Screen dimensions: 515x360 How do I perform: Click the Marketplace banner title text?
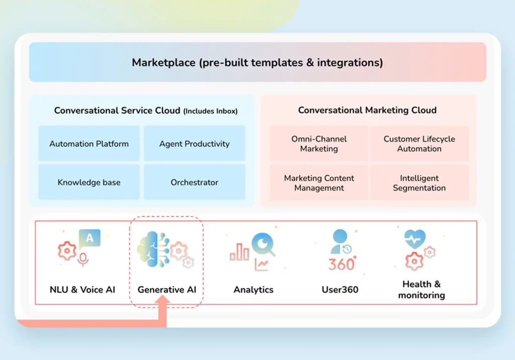(x=257, y=62)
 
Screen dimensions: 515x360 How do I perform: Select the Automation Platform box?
(x=89, y=143)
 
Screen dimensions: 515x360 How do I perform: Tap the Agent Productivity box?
(x=195, y=143)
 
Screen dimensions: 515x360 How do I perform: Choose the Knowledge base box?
(x=89, y=182)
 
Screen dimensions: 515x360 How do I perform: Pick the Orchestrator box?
(x=195, y=182)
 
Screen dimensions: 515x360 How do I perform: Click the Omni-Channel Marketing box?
(x=319, y=143)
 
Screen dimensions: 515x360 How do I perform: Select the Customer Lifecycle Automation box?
(x=419, y=143)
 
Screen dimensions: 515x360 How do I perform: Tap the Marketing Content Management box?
(x=319, y=183)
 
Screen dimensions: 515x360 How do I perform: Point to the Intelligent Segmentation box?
(x=419, y=183)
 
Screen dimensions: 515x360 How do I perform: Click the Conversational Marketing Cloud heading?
(x=367, y=110)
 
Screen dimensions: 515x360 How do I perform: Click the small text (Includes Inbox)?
(x=211, y=111)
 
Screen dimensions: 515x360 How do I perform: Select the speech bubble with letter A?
(x=90, y=239)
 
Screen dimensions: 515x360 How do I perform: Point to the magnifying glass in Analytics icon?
(x=264, y=244)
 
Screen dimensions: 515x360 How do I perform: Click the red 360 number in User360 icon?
(x=342, y=264)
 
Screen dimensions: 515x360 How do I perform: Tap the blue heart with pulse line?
(x=415, y=239)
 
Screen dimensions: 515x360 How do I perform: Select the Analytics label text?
(x=253, y=290)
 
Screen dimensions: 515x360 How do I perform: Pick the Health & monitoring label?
(x=421, y=290)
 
